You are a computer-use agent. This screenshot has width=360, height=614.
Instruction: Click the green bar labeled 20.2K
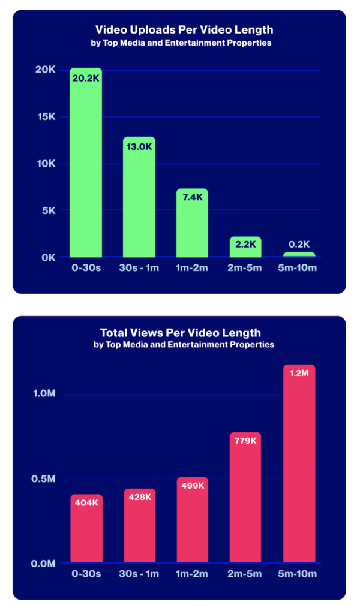(86, 168)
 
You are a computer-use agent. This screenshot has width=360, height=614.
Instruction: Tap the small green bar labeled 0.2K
(299, 255)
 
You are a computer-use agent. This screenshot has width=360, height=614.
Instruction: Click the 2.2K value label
(245, 244)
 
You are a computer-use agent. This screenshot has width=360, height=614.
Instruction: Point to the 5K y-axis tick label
(48, 210)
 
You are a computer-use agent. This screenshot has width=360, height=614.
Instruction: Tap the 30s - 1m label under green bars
(139, 267)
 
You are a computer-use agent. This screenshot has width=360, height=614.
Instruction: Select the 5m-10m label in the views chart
(299, 574)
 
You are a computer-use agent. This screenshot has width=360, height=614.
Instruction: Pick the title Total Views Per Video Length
(180, 333)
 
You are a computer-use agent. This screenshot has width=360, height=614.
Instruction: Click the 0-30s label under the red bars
(86, 574)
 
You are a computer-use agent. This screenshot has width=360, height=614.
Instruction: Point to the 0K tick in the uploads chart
(48, 257)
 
